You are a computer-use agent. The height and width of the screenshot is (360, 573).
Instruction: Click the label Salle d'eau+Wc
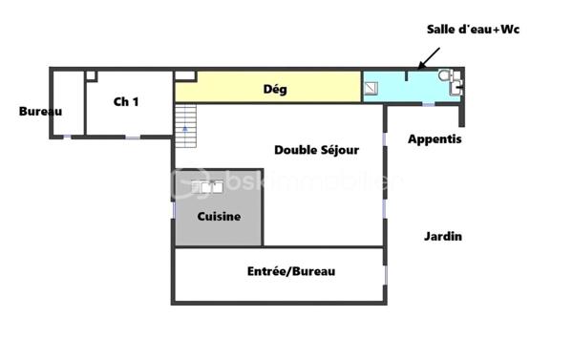[473, 30]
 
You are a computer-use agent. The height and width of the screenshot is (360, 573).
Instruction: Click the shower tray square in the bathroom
[371, 88]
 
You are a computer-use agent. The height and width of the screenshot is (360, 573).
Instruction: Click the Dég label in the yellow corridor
[275, 90]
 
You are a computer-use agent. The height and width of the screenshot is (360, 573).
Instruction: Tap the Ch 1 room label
[126, 101]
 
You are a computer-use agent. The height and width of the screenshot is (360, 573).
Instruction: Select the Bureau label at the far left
[40, 111]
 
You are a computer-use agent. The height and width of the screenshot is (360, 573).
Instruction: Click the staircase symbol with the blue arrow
[185, 125]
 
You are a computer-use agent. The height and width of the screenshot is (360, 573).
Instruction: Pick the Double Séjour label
[316, 149]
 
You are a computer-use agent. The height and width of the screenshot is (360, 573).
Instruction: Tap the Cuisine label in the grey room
[219, 217]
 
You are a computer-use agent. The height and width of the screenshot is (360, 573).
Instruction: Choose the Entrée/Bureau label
[291, 271]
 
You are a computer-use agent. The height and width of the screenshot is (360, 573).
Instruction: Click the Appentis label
[435, 139]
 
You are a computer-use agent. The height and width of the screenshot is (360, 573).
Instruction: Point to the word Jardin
[443, 236]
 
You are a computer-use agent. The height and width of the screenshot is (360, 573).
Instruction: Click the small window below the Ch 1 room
[133, 137]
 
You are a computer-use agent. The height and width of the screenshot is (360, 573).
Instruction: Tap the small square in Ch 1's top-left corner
[91, 74]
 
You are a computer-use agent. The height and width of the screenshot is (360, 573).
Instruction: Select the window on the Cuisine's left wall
[174, 206]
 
